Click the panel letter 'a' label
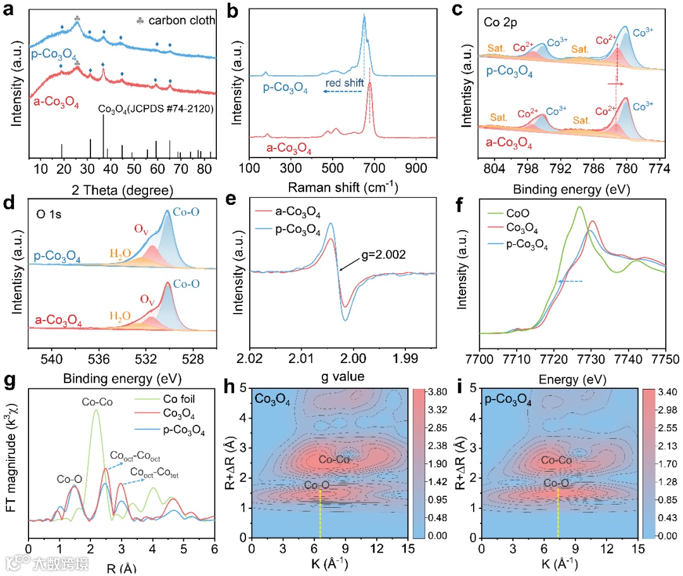coord(8,9)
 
